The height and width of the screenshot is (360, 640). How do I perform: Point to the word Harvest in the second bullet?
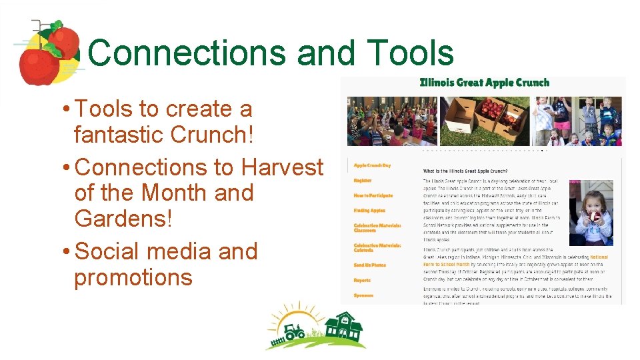282,167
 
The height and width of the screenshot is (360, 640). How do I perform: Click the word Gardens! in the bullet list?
123,218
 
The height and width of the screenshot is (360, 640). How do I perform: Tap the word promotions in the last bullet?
133,277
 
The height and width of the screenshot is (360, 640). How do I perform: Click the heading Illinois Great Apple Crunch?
484,83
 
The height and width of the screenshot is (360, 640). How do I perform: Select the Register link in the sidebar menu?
363,181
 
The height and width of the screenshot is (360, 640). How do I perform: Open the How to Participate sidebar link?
373,196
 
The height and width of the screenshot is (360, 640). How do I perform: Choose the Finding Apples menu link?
369,211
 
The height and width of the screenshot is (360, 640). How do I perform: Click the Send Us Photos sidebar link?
369,265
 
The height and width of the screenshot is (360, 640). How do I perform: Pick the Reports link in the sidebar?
362,281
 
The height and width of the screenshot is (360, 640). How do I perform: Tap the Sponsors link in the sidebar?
363,295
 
